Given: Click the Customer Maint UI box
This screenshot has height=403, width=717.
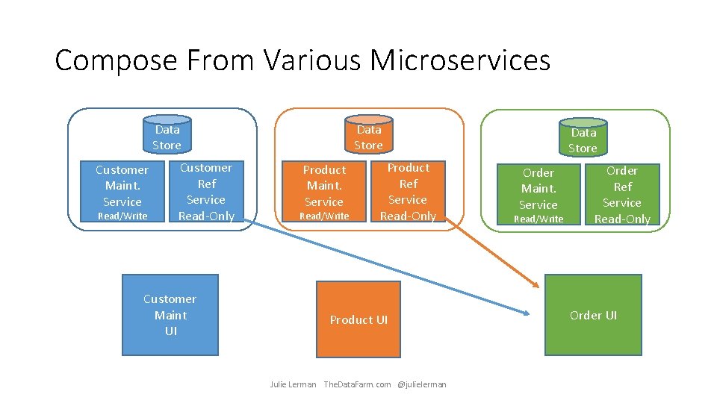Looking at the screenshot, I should pyautogui.click(x=170, y=314).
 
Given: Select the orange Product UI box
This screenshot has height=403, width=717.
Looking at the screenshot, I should pyautogui.click(x=358, y=319).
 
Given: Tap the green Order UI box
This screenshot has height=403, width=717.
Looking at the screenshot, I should pyautogui.click(x=593, y=315).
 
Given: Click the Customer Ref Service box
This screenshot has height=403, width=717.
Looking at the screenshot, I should pyautogui.click(x=206, y=192).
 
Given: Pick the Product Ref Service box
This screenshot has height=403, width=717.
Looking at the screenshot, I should pyautogui.click(x=408, y=192).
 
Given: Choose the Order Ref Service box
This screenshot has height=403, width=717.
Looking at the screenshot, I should pyautogui.click(x=622, y=194).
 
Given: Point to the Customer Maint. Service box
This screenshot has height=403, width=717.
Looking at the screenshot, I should pyautogui.click(x=122, y=192).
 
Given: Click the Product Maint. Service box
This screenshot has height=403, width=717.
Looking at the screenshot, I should pyautogui.click(x=324, y=192).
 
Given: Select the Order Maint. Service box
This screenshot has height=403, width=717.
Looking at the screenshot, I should pyautogui.click(x=538, y=195).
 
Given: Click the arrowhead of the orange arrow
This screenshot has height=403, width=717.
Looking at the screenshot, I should pyautogui.click(x=535, y=284).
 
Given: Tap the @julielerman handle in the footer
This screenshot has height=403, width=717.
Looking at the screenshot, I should pyautogui.click(x=422, y=384).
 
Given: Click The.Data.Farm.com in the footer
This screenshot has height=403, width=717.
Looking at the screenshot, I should pyautogui.click(x=357, y=384).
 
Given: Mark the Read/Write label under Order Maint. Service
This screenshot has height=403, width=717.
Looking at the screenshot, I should pyautogui.click(x=538, y=219).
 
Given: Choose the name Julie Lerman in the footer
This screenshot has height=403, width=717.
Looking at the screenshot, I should pyautogui.click(x=293, y=384).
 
